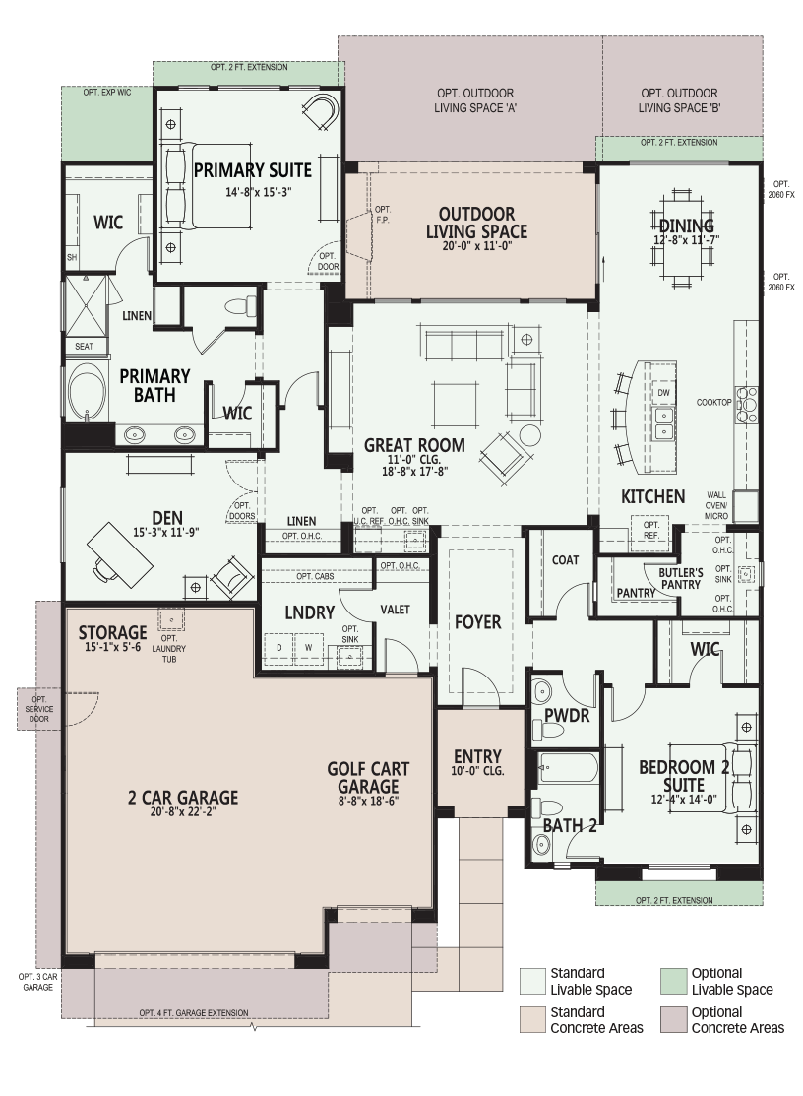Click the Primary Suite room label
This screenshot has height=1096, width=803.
tap(253, 169)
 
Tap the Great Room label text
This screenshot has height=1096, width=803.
tap(414, 445)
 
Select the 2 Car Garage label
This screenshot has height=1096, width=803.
tap(183, 797)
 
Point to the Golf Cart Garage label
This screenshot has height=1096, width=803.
tap(368, 777)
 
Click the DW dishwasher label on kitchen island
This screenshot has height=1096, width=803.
tap(663, 393)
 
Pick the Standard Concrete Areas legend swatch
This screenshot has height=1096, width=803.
tap(531, 1020)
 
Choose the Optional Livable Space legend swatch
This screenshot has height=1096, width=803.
tap(673, 982)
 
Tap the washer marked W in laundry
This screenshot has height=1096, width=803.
tap(308, 647)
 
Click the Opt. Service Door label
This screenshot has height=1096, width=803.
tap(38, 709)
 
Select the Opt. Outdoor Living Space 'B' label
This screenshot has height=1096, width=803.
tap(679, 100)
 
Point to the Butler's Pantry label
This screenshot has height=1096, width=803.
tap(681, 579)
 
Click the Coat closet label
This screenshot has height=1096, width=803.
tap(565, 560)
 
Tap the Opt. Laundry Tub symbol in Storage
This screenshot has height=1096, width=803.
tap(169, 620)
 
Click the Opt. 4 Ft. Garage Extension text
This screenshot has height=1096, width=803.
tap(194, 1013)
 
